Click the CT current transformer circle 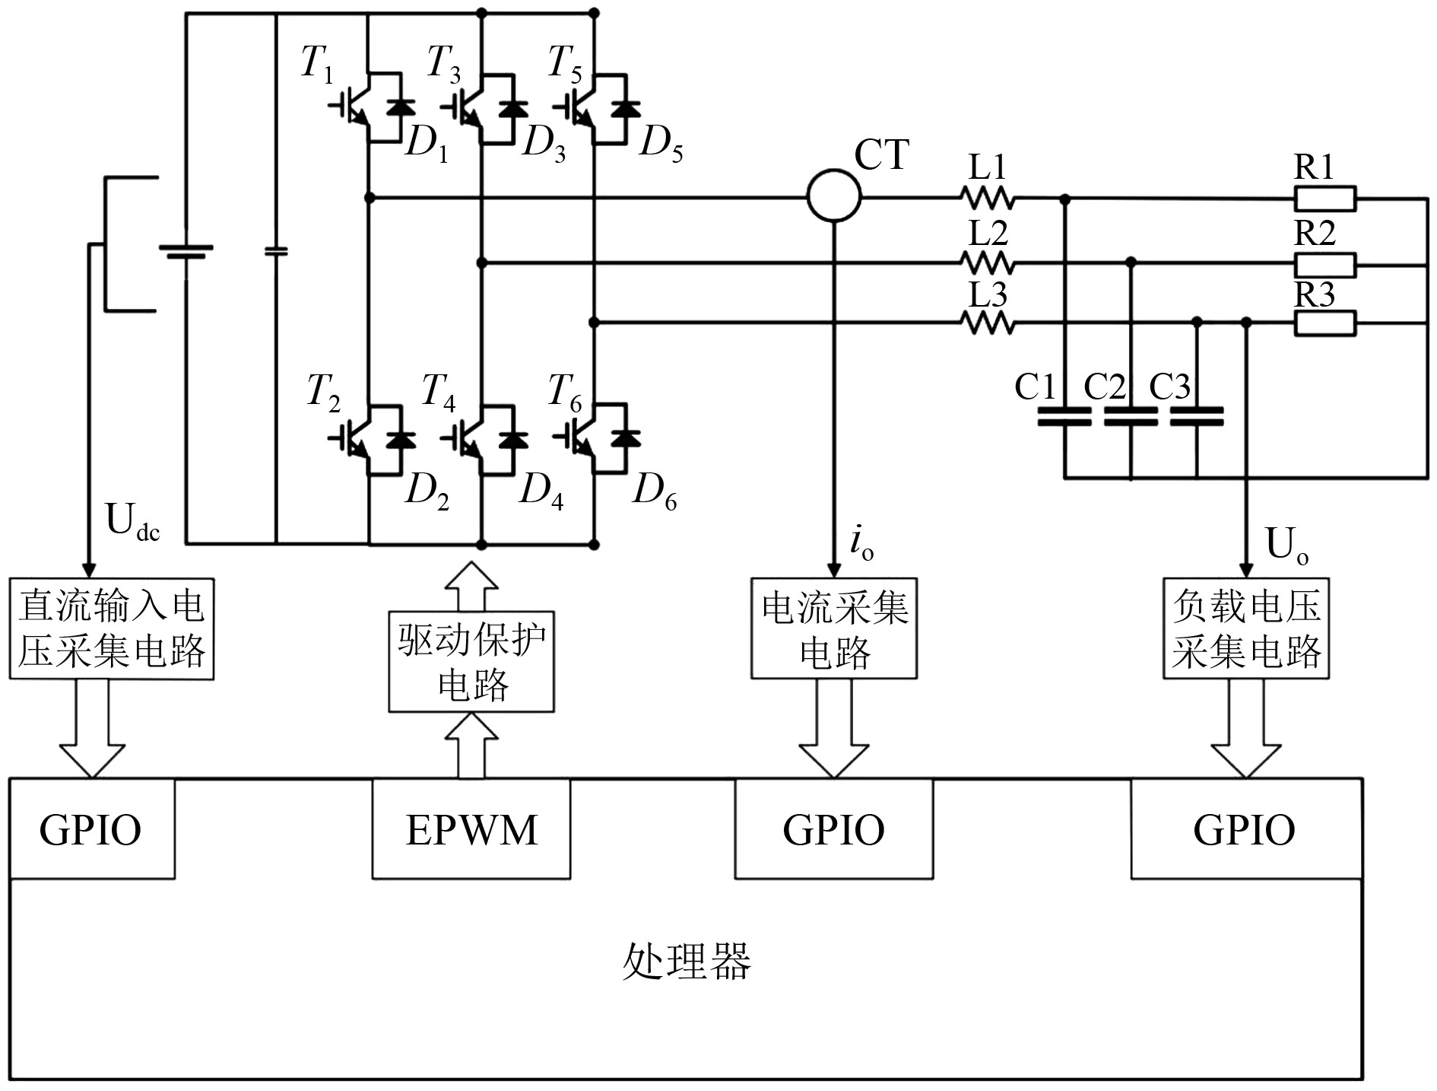coord(833,196)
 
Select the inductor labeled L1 coord(987,199)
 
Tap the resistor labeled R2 coord(1324,265)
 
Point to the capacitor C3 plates coord(1196,416)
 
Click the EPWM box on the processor coord(471,829)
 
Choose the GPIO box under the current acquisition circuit coord(833,829)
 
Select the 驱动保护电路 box coord(471,661)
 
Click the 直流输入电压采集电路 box coord(112,628)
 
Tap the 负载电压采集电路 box coord(1245,628)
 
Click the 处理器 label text coord(687,961)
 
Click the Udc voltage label coord(132,523)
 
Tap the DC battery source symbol coord(186,252)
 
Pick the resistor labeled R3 coord(1324,324)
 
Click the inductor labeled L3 coord(987,324)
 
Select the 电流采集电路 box coord(833,628)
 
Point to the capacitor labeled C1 coord(1064,416)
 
